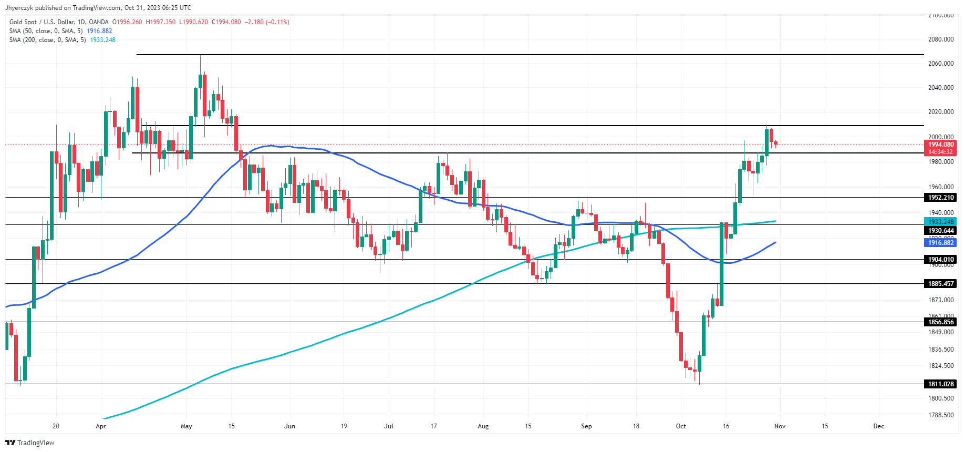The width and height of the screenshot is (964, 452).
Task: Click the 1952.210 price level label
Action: (x=940, y=198)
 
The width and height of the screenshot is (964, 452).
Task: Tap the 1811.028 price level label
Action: (x=940, y=384)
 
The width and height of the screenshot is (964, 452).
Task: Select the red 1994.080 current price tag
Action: (x=940, y=145)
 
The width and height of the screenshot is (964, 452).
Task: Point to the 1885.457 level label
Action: (x=940, y=284)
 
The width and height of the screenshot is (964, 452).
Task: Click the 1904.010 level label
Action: (x=940, y=260)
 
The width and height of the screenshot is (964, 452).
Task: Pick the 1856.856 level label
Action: (x=940, y=322)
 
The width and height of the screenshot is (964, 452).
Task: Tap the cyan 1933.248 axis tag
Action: (x=940, y=222)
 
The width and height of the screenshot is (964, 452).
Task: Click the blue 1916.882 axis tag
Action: (x=940, y=243)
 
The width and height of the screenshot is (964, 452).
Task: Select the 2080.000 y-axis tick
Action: (x=940, y=39)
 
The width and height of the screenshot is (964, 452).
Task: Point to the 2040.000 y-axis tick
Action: (x=940, y=88)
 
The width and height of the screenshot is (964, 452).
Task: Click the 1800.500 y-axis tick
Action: (x=940, y=398)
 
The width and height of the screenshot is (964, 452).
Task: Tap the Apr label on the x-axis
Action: (x=101, y=426)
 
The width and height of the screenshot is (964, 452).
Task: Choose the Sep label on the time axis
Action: (x=586, y=426)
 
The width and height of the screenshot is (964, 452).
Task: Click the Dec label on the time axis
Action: (x=878, y=426)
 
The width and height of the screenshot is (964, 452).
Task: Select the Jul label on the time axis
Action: (x=389, y=426)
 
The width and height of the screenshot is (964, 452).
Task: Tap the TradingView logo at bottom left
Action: (x=30, y=443)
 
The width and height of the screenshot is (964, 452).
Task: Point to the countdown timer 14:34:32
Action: (x=940, y=152)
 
